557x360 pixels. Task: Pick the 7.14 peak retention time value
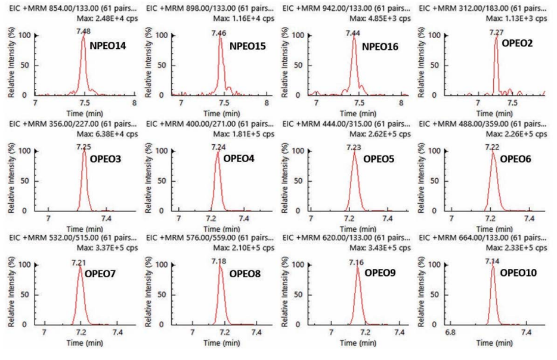(x=493, y=262)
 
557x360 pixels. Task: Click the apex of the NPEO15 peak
(x=220, y=37)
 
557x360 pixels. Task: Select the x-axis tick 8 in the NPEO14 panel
(x=134, y=103)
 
